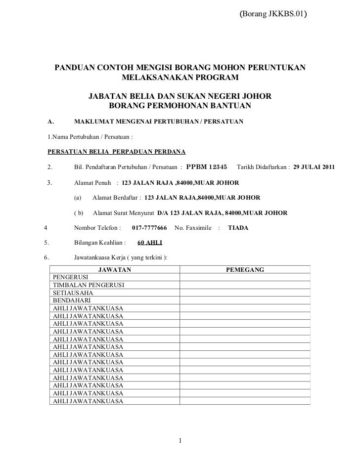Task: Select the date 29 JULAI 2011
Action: point(314,167)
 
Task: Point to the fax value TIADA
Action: point(238,229)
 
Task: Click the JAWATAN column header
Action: point(115,270)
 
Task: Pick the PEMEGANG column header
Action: point(245,270)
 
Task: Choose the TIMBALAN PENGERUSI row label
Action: point(89,286)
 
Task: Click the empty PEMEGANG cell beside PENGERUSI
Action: point(245,278)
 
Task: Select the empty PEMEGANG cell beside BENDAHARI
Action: point(245,300)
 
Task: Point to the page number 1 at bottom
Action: point(181,441)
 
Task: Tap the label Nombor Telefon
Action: point(97,229)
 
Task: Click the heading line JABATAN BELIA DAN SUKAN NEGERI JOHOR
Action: point(180,96)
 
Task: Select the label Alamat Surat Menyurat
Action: point(123,213)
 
